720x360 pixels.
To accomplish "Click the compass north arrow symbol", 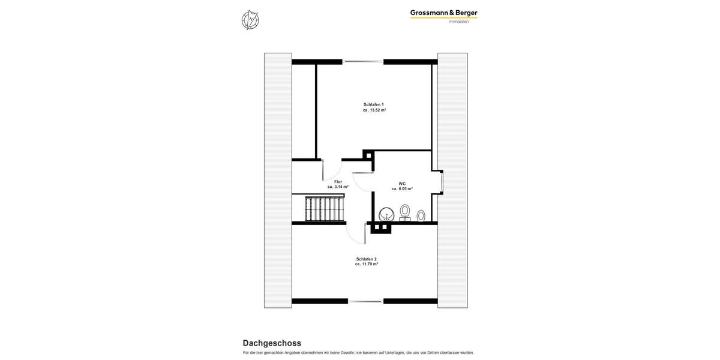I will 250,20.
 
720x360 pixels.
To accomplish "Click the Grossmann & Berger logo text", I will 443,13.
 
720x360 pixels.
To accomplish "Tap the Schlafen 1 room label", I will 373,104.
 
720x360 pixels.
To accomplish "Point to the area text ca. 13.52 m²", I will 374,110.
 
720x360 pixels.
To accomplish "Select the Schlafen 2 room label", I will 366,259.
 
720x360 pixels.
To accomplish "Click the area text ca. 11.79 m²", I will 366,264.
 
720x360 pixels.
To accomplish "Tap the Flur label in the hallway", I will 338,181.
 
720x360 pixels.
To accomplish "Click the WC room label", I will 402,183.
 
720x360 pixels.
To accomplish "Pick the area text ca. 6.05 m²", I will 402,189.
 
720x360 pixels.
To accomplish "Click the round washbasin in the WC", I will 386,214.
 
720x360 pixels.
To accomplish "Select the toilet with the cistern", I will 405,212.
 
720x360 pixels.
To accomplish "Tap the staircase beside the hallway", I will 325,209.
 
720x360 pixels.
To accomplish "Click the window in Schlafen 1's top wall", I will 363,61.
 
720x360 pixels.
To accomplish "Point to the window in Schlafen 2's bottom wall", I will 365,301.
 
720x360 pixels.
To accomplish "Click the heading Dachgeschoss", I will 272,343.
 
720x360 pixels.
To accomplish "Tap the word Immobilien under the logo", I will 459,22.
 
